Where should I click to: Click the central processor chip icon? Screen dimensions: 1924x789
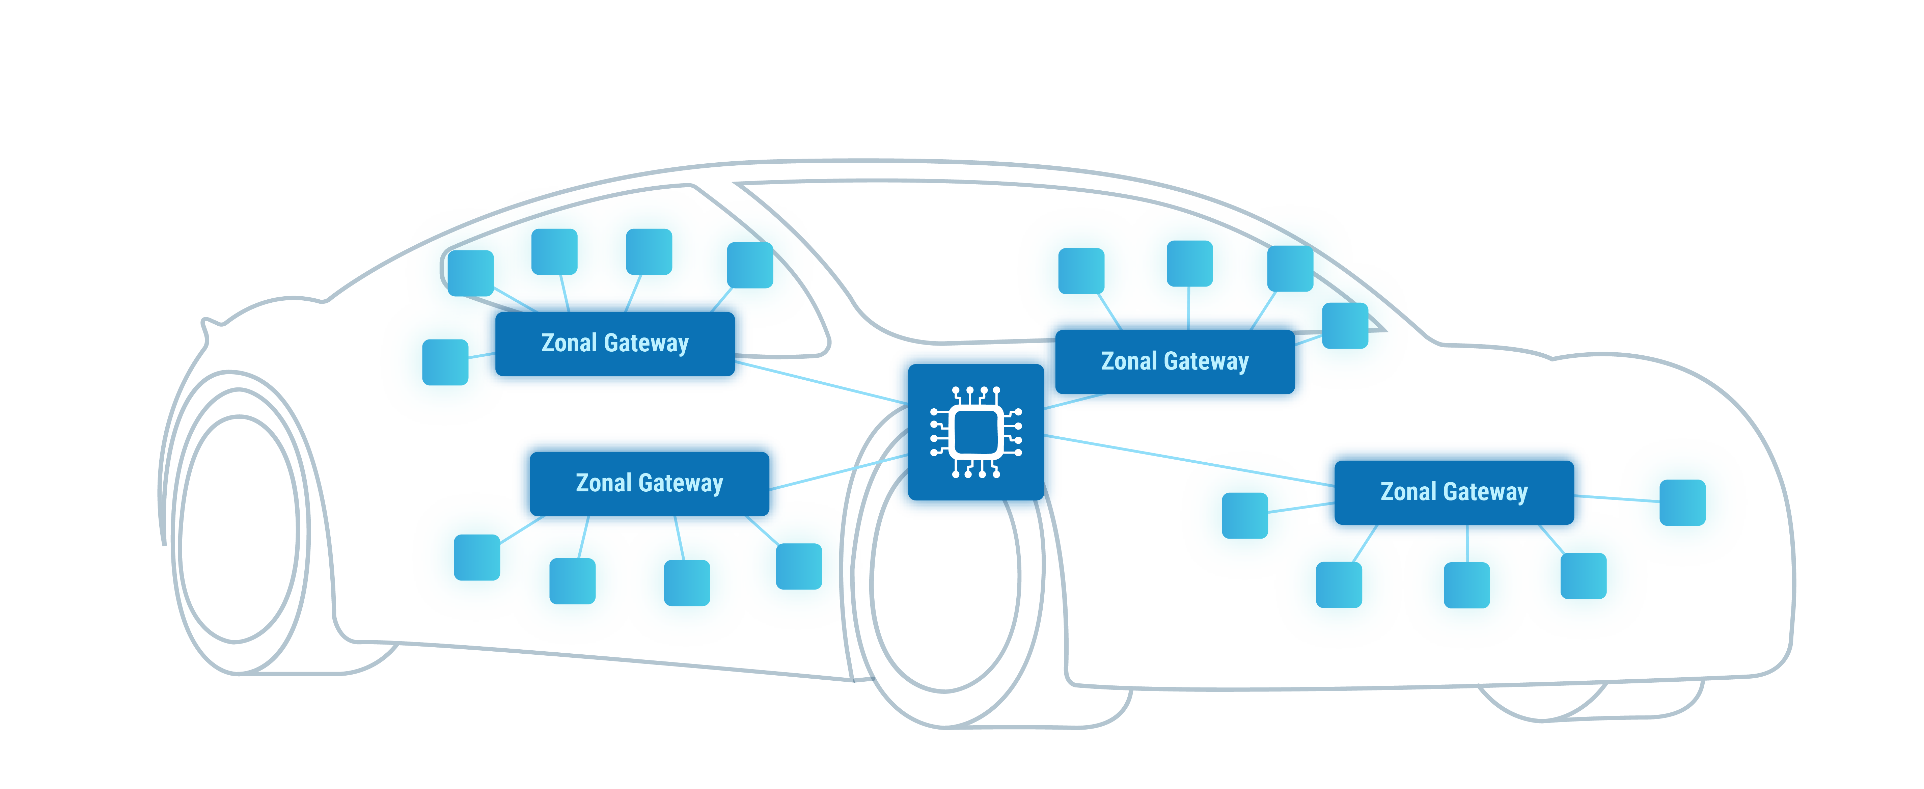975,432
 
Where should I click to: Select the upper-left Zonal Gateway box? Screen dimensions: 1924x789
615,344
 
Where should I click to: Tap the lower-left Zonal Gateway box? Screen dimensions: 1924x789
649,483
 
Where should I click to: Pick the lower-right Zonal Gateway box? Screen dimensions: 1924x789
1454,492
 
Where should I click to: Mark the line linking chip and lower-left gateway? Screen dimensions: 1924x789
839,472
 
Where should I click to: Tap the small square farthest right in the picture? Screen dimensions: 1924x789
1682,503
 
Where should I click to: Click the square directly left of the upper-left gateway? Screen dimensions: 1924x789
445,362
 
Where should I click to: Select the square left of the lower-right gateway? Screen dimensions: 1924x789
1244,516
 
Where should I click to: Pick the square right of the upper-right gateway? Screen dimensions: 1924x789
1344,326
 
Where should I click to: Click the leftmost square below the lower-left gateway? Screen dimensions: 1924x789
476,557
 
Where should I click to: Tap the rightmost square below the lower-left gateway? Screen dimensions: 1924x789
798,566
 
